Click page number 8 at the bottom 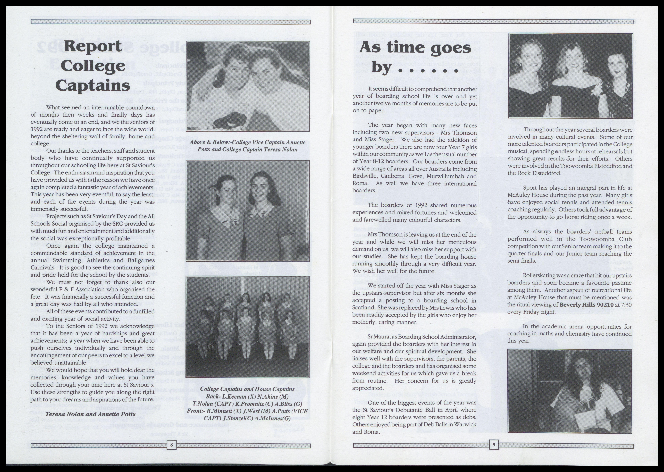(x=171, y=445)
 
